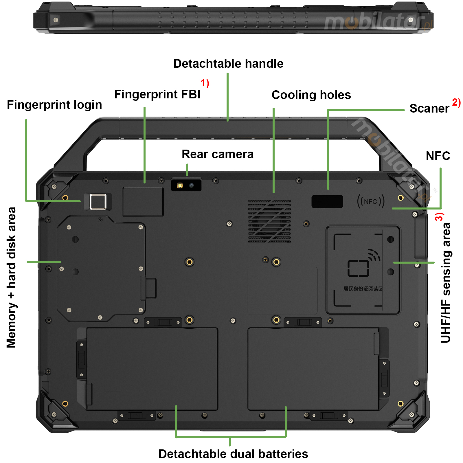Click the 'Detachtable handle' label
(228, 64)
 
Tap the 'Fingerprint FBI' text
(157, 94)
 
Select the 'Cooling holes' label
(311, 95)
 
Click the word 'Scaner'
(429, 109)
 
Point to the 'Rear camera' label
(217, 154)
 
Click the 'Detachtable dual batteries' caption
(233, 454)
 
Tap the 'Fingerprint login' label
(54, 105)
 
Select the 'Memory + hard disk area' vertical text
(11, 277)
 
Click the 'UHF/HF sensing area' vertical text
(446, 282)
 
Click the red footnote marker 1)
(205, 83)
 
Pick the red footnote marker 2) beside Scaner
(456, 102)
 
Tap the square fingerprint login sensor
(98, 201)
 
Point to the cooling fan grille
(269, 221)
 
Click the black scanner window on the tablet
(327, 201)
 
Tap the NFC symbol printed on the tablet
(371, 201)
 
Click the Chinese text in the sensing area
(363, 289)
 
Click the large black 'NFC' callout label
(438, 156)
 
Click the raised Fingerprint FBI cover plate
(143, 202)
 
